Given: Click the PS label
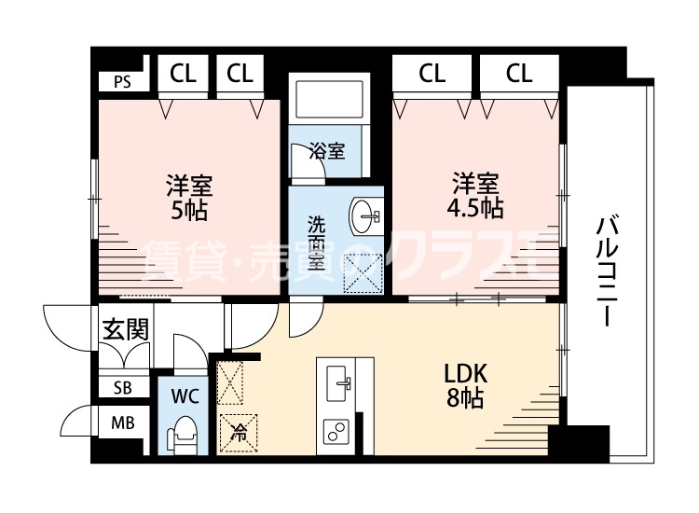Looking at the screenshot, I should tap(122, 80).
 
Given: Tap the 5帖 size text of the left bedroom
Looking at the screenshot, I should tap(189, 210).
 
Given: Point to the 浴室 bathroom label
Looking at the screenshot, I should tap(327, 151).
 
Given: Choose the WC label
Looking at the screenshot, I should tap(186, 395).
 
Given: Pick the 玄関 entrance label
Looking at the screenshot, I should tap(124, 329).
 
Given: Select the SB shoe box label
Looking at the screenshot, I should tap(122, 388).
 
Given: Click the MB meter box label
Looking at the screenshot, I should tap(122, 423).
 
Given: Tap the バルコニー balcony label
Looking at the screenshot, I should tap(608, 270).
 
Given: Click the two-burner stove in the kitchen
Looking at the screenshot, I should tap(336, 432).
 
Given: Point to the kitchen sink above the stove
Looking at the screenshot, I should tap(341, 381).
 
